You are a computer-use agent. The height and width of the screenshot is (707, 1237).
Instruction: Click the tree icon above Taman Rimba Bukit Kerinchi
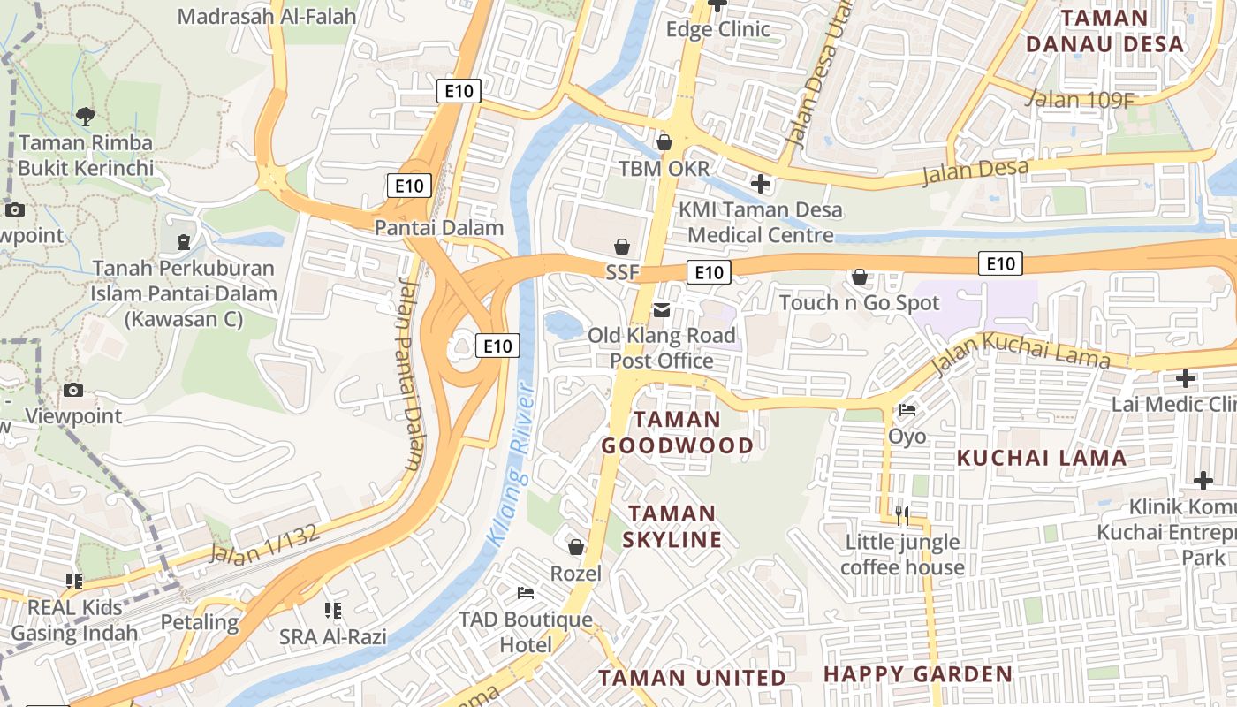86,115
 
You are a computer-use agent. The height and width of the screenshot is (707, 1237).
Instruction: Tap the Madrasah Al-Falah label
267,16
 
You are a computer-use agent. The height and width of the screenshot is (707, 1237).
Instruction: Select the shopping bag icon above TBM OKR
664,142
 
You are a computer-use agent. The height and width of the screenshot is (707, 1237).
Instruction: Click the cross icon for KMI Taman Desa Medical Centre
760,184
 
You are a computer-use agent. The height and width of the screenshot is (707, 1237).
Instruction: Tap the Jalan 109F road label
1079,99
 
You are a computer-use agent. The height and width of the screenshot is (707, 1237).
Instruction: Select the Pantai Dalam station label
439,228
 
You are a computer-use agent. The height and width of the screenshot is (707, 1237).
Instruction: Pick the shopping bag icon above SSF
622,246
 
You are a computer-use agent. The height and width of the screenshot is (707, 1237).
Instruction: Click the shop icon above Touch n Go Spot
859,277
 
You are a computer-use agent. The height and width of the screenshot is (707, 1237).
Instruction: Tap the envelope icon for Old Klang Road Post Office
661,309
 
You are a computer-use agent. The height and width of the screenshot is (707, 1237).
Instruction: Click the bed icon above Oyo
907,410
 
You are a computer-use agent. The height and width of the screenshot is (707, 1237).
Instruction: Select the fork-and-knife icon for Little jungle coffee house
901,515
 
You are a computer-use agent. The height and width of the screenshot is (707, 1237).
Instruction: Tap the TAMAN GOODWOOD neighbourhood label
678,432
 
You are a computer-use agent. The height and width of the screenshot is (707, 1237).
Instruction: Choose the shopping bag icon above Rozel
576,548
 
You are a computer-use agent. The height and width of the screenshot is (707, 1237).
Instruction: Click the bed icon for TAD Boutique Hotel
526,592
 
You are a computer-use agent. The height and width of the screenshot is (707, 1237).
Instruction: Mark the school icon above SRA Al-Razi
333,610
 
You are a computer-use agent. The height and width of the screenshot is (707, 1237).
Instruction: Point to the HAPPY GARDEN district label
918,674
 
